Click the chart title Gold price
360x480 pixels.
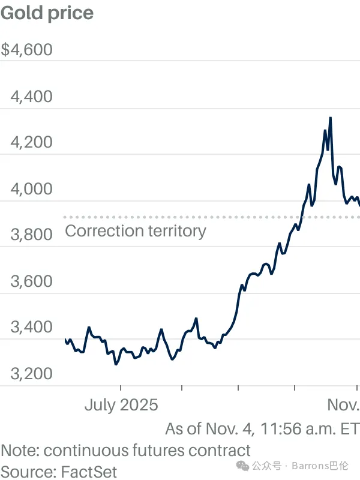tap(47, 13)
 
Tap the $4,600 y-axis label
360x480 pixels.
tap(27, 49)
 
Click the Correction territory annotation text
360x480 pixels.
tap(135, 230)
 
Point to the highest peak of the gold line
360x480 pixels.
tap(330, 118)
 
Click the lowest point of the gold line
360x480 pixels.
tap(116, 364)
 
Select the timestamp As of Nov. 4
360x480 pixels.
tap(262, 428)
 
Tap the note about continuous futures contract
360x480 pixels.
tap(125, 450)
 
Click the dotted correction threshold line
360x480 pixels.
tap(180, 217)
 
